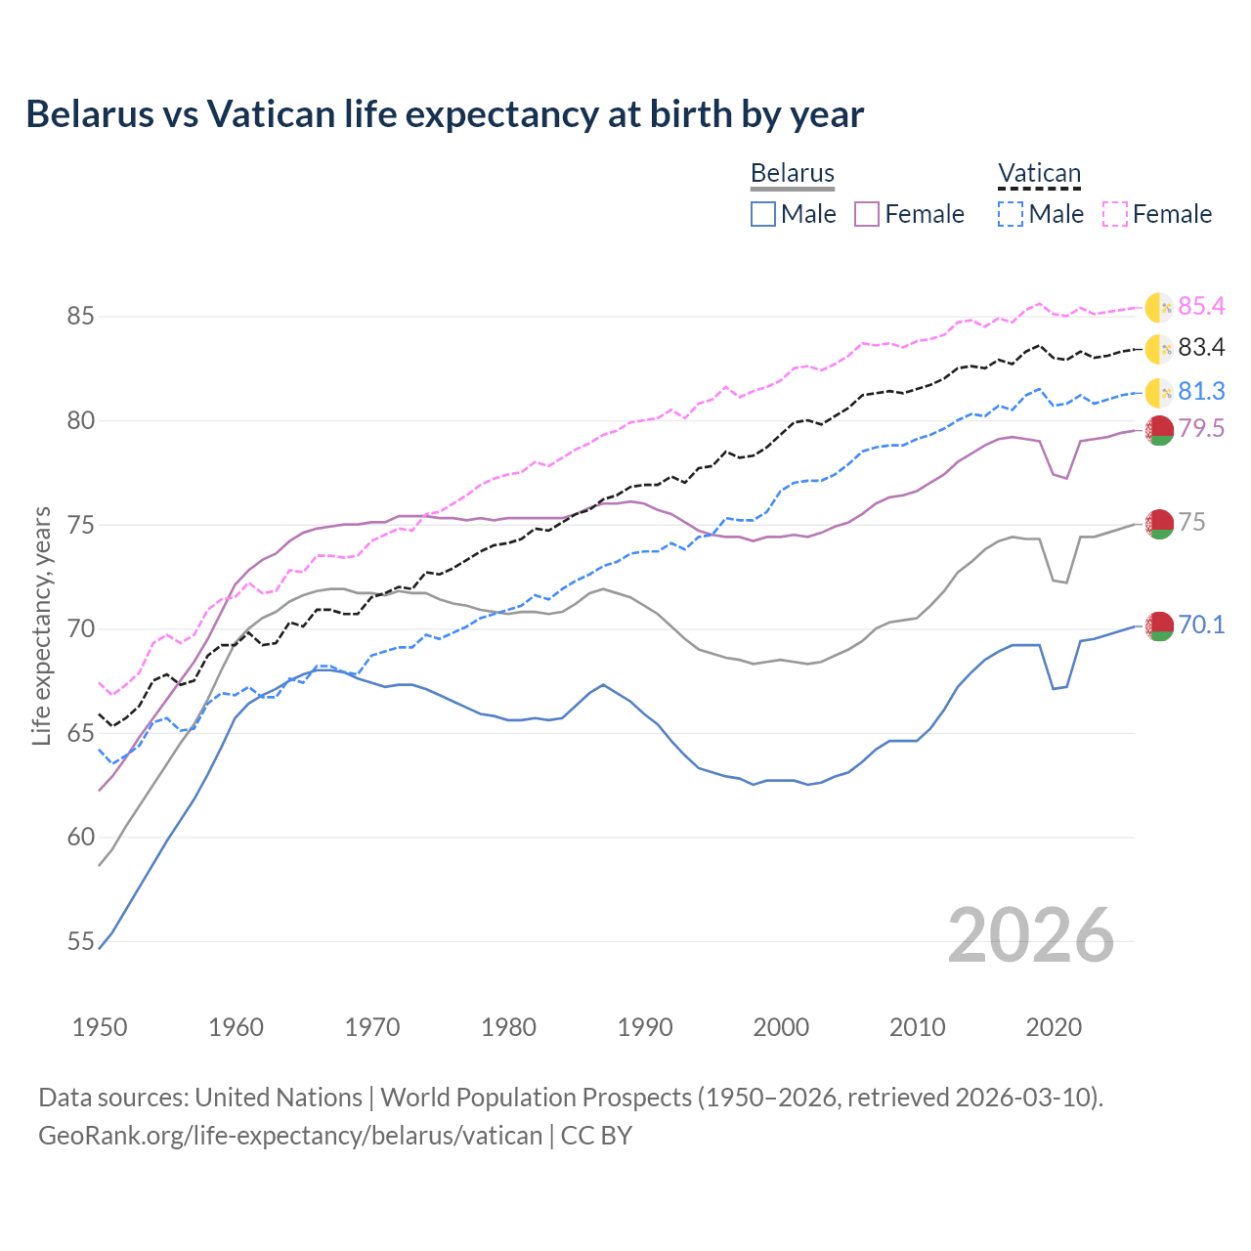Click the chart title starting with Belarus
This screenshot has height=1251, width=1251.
(445, 114)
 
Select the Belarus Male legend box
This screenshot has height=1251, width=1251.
(763, 214)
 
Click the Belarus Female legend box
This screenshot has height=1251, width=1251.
(867, 214)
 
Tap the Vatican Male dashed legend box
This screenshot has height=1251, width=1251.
(1011, 214)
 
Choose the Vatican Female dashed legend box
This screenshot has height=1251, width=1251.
(1115, 214)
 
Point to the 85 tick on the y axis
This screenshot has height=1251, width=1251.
(80, 317)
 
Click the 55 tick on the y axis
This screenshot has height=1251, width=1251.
(80, 942)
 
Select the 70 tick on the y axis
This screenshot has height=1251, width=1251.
(80, 629)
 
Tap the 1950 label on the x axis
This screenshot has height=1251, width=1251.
(100, 1027)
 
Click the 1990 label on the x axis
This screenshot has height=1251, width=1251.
(645, 1027)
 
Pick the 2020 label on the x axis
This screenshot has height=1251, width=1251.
(1054, 1027)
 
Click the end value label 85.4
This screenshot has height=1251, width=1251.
(1201, 307)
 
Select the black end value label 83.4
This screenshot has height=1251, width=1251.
(1201, 348)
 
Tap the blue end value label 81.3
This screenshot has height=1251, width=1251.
(1201, 392)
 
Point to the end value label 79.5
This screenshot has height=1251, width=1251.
(1201, 428)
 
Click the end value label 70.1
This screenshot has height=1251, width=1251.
(1201, 625)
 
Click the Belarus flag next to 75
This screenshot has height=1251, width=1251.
(1159, 524)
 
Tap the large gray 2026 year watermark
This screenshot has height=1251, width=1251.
(1031, 936)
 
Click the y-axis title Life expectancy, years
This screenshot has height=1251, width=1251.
(42, 625)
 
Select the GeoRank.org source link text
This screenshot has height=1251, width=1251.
(290, 1136)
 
